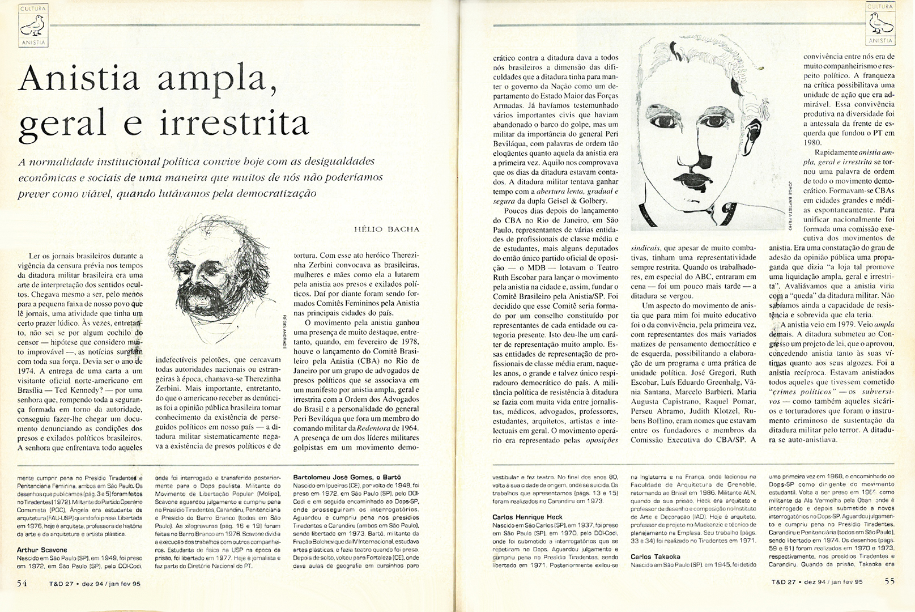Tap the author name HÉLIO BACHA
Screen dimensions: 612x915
click(x=386, y=229)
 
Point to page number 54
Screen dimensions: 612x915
click(x=22, y=581)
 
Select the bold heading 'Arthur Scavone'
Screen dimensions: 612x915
click(x=42, y=550)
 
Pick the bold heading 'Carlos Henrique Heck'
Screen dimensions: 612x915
click(x=527, y=517)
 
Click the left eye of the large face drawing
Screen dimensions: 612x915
click(x=661, y=121)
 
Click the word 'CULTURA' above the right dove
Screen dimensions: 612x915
click(x=880, y=7)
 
